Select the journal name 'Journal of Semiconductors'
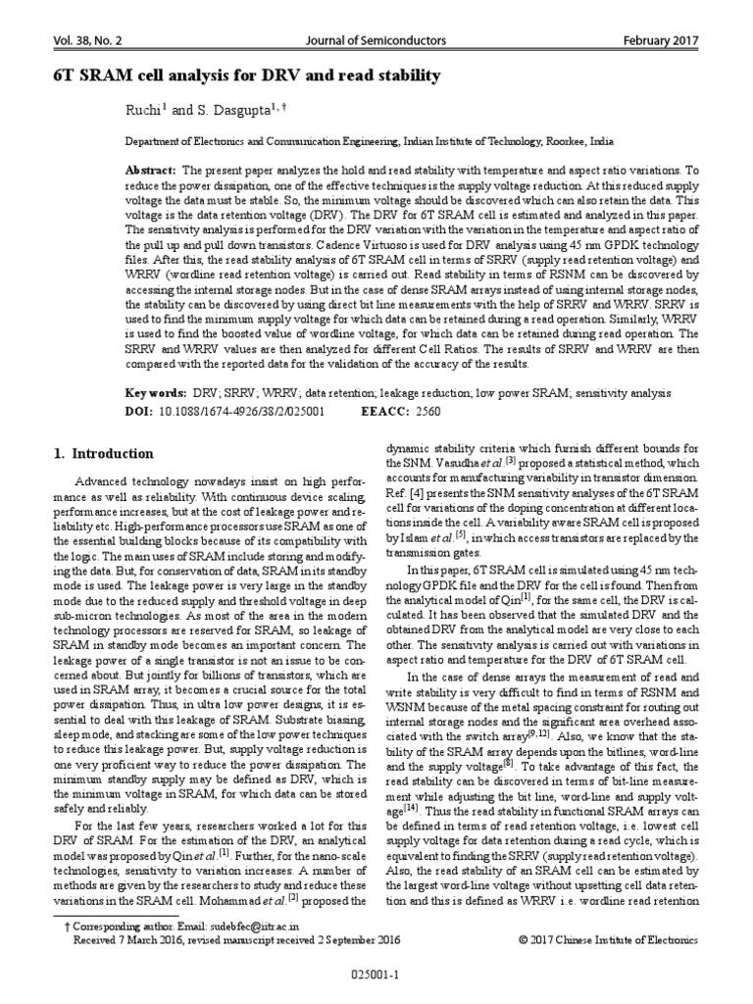click(x=376, y=40)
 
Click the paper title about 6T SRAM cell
click(x=245, y=75)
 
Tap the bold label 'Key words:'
click(x=155, y=392)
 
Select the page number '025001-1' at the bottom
click(x=376, y=977)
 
